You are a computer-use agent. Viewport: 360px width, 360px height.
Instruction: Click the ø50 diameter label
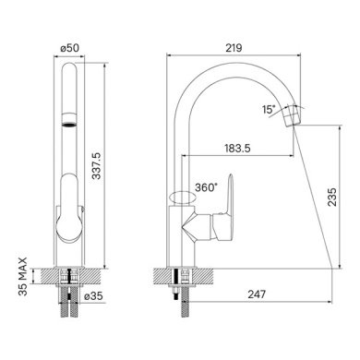[x=69, y=48]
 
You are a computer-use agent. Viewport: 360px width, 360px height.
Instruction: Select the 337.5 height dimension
[x=97, y=166]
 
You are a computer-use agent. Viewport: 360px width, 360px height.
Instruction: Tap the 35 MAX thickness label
[x=23, y=277]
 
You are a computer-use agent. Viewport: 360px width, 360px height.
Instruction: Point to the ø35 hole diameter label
[x=93, y=296]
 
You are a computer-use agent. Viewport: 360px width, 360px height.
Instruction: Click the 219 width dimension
[x=234, y=48]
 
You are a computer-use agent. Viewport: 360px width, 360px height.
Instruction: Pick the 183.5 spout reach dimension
[x=237, y=149]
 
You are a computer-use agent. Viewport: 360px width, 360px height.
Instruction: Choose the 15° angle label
[x=269, y=109]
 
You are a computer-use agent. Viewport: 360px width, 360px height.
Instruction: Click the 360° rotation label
[x=206, y=187]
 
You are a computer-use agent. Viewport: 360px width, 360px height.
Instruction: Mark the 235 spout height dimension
[x=332, y=197]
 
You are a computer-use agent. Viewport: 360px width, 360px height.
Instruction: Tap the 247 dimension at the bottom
[x=257, y=294]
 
